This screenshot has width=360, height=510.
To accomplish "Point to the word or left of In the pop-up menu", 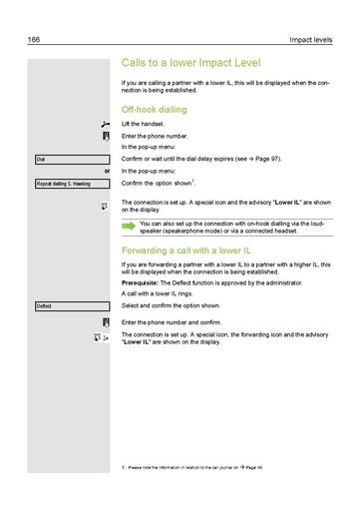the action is point(107,171).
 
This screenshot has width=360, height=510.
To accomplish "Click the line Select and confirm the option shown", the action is point(173,305).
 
